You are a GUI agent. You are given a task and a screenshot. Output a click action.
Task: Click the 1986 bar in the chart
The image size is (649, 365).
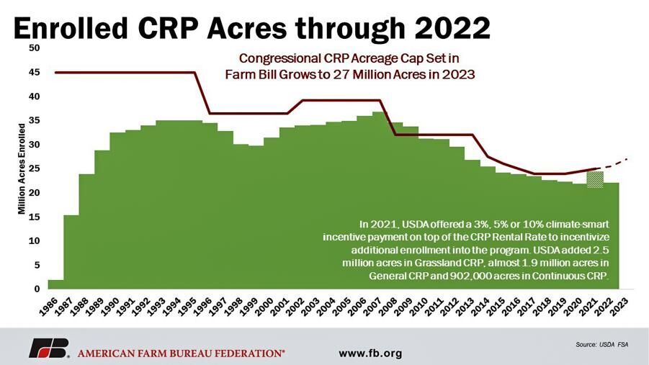pyautogui.click(x=55, y=284)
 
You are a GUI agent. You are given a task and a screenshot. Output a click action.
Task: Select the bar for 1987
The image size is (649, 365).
pyautogui.click(x=71, y=252)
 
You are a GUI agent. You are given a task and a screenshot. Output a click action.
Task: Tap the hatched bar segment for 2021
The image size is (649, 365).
pyautogui.click(x=595, y=179)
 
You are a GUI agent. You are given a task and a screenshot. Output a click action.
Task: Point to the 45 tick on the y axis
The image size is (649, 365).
pyautogui.click(x=35, y=73)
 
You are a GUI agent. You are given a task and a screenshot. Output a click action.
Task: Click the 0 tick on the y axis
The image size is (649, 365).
pyautogui.click(x=37, y=289)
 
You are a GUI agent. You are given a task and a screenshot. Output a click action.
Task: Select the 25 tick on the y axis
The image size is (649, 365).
pyautogui.click(x=35, y=169)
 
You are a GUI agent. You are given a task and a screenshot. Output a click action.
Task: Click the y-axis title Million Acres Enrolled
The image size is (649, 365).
pyautogui.click(x=22, y=169)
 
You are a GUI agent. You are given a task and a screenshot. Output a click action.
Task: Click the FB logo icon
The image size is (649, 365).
pyautogui.click(x=48, y=348)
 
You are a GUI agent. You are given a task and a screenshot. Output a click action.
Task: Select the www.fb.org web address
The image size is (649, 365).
pyautogui.click(x=370, y=353)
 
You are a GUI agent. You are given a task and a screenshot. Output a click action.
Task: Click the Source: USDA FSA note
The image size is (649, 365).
pyautogui.click(x=601, y=345)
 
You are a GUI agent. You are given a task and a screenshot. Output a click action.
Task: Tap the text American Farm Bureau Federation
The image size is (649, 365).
pyautogui.click(x=180, y=353)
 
